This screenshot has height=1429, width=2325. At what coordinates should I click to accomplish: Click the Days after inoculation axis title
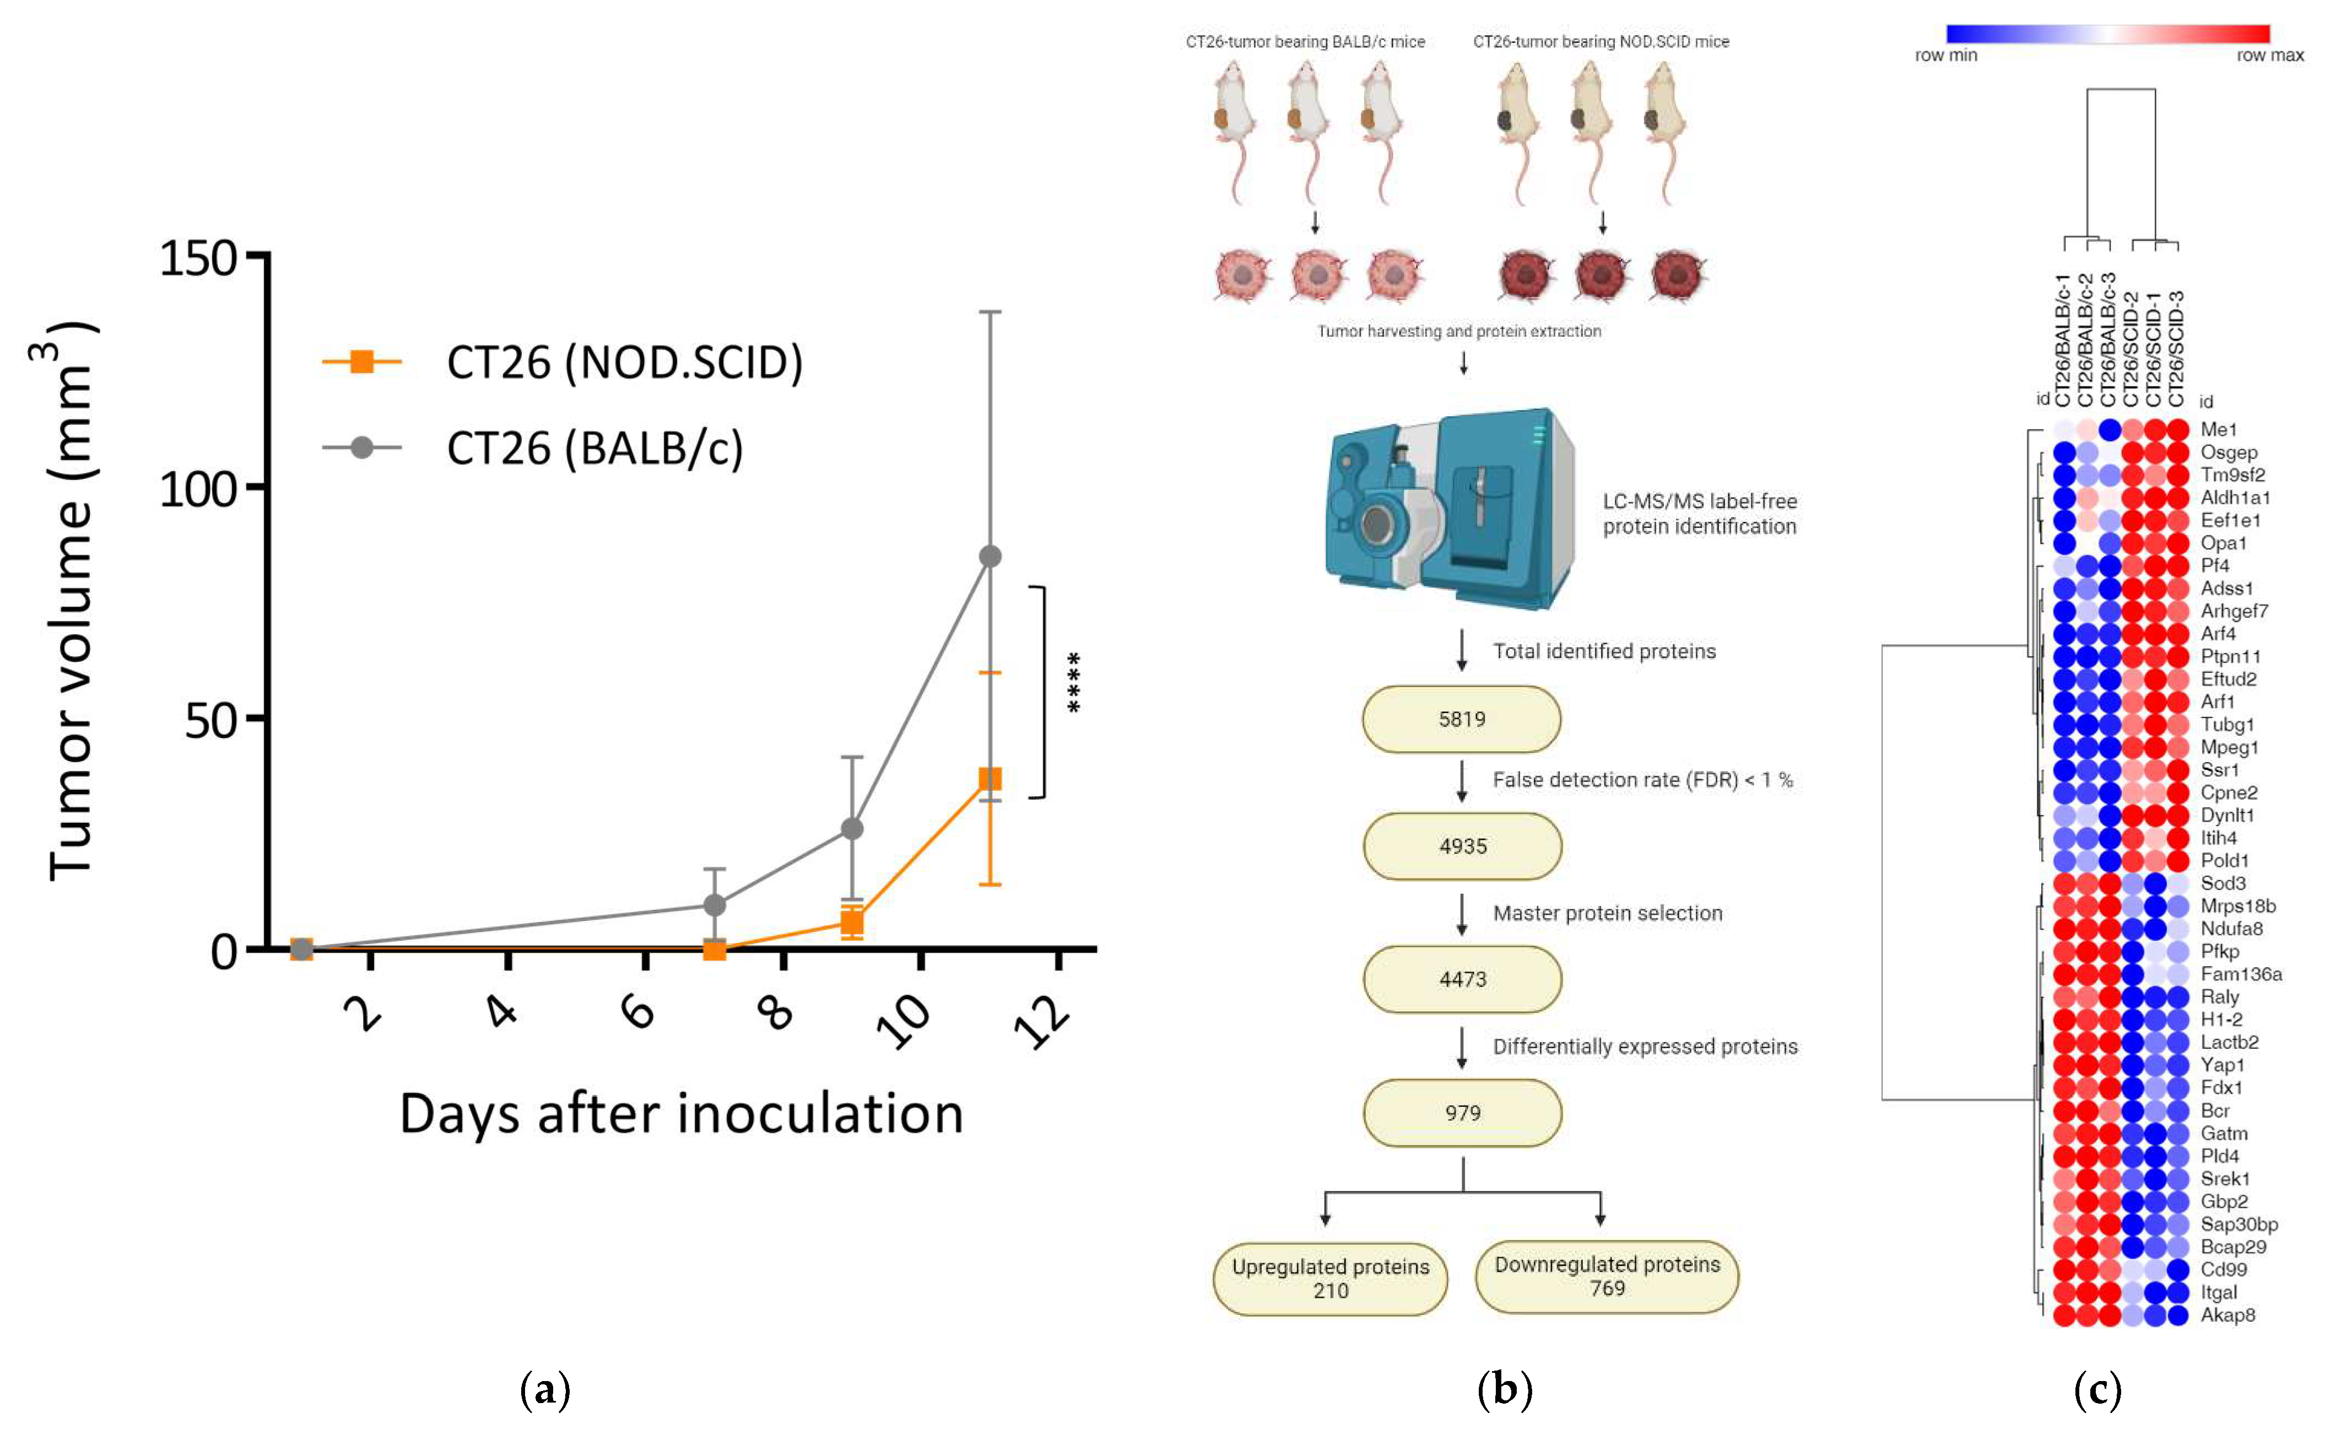681,1113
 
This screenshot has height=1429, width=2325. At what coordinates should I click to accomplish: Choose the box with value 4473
1462,979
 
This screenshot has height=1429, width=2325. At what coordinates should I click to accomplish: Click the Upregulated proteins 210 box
1329,1279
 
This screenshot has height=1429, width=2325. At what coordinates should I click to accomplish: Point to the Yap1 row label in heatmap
2222,1065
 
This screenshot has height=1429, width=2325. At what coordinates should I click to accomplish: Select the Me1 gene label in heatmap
2218,430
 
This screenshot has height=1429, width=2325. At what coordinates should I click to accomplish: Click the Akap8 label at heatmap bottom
2227,1314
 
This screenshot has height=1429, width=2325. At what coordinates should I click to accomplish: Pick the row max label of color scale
2269,56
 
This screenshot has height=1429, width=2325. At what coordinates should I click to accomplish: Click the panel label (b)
1504,1389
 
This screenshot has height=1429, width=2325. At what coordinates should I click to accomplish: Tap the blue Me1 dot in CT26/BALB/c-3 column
2110,430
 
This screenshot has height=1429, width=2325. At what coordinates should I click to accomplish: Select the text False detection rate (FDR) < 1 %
1642,780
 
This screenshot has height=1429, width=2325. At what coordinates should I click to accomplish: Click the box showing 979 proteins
1462,1112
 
